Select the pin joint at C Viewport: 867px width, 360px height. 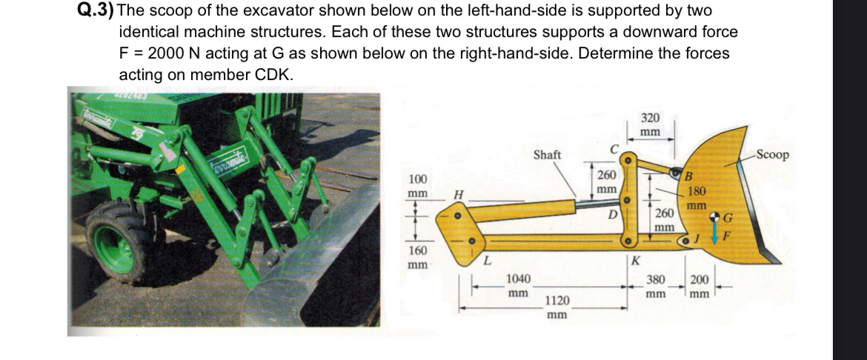coord(628,158)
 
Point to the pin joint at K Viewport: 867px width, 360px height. coord(628,241)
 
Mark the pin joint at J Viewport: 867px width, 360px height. coord(688,241)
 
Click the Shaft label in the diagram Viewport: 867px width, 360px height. coord(548,154)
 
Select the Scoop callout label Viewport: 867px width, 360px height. coord(774,155)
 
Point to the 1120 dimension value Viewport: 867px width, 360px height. coord(557,301)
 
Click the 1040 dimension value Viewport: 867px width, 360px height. coord(517,280)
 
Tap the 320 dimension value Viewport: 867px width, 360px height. coord(650,118)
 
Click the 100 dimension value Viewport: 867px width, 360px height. coord(419,179)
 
